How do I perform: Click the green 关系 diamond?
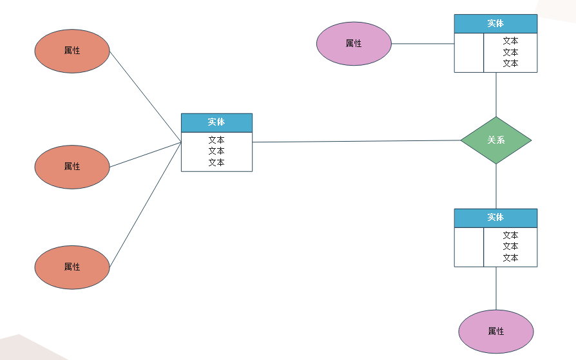495,140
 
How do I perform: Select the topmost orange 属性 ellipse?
72,51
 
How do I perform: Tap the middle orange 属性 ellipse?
72,167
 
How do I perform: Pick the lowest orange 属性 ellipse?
72,267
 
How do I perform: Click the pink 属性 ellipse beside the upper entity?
354,44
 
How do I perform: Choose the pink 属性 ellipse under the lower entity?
495,331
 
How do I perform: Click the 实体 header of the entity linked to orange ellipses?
216,122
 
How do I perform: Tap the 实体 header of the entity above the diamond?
495,24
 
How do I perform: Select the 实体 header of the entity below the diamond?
495,218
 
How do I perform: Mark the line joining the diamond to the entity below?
496,186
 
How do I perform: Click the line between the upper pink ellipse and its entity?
423,44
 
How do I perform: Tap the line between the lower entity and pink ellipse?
496,288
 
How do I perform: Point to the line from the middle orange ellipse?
145,155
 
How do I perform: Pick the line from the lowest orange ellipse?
145,205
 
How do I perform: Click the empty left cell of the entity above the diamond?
469,53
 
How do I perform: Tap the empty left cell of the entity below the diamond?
469,247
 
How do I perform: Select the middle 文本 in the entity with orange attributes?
216,151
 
